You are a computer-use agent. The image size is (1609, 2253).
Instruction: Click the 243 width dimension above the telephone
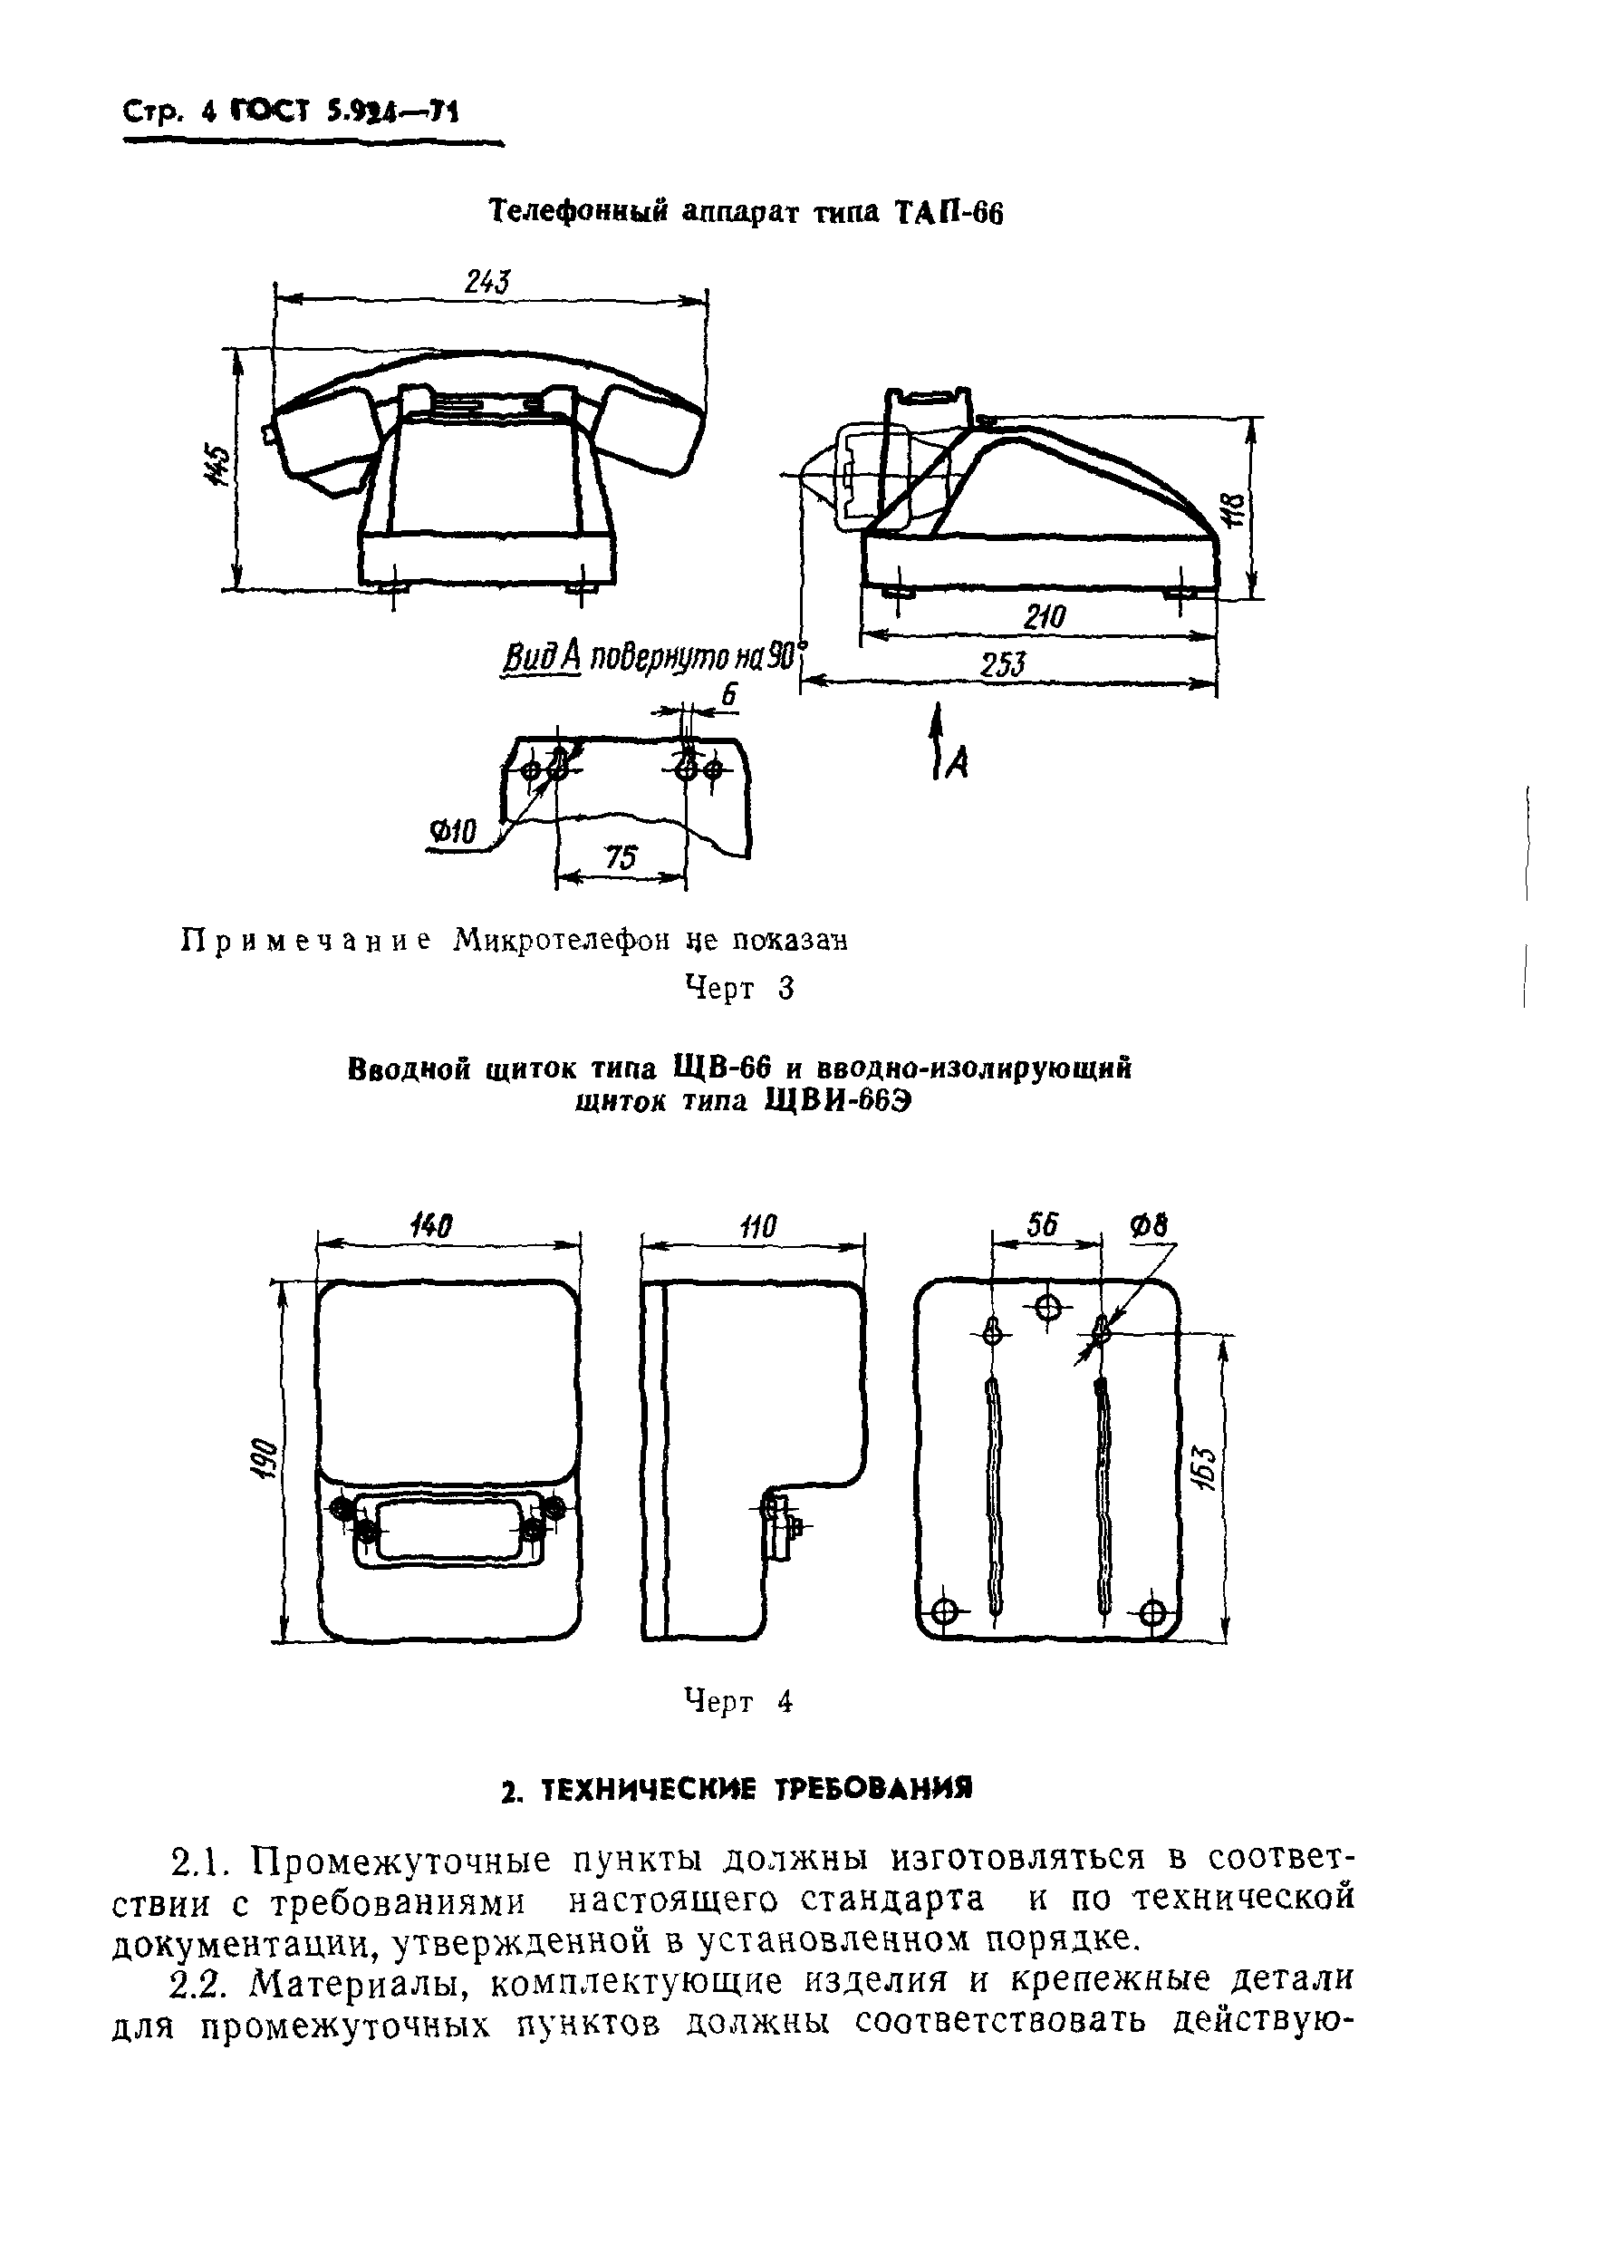[487, 283]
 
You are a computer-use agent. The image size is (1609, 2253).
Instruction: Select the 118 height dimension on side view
[1234, 512]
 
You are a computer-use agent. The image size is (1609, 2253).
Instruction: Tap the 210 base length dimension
[1045, 617]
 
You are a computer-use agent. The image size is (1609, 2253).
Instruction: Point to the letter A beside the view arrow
[957, 761]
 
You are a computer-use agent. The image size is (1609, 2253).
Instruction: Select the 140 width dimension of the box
[431, 1226]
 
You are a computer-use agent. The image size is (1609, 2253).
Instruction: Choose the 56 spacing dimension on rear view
[1041, 1226]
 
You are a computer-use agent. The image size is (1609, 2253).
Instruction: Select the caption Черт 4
[739, 1702]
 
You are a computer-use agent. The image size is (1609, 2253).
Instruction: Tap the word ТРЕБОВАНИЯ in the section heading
[872, 1788]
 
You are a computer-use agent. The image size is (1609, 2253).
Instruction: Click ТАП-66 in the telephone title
[950, 212]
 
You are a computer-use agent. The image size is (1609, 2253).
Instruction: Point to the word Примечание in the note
[305, 941]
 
